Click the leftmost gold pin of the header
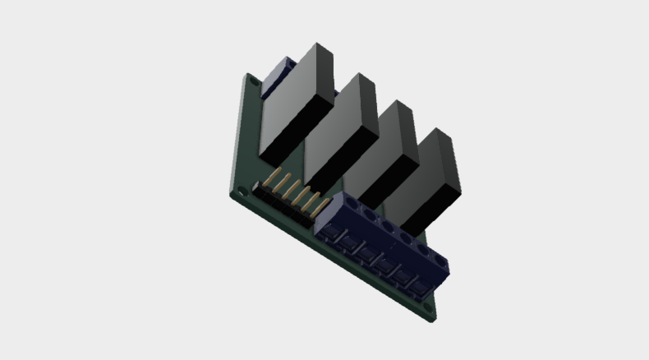click(269, 182)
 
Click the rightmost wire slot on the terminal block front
click(421, 288)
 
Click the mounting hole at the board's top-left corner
click(253, 81)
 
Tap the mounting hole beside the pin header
click(242, 192)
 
